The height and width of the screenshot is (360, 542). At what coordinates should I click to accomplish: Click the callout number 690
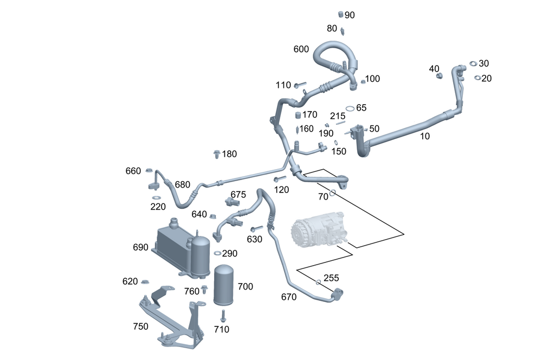[x=140, y=247]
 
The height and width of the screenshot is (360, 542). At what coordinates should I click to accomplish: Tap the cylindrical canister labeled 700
[x=225, y=286]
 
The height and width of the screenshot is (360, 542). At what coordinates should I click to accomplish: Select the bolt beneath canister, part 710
[x=222, y=315]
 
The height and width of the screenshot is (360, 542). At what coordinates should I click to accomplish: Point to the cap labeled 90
[x=341, y=14]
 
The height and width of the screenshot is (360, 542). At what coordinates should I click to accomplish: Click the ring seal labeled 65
[x=350, y=108]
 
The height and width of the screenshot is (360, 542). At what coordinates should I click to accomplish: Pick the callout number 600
[x=301, y=49]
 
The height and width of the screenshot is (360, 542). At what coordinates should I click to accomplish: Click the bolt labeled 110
[x=300, y=85]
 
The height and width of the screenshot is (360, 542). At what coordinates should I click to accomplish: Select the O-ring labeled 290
[x=217, y=253]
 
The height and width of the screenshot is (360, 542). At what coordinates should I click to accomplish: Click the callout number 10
[x=425, y=137]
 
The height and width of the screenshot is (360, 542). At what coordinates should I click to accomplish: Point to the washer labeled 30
[x=473, y=64]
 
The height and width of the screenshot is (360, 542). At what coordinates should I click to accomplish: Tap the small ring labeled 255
[x=318, y=282]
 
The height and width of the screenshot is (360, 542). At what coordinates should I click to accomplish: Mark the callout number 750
[x=140, y=326]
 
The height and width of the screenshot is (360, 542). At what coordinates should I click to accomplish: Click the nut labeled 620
[x=145, y=282]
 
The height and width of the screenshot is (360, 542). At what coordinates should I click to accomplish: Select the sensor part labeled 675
[x=232, y=202]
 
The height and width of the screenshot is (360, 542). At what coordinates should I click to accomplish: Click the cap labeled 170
[x=298, y=115]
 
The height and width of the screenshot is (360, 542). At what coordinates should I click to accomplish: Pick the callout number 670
[x=289, y=297]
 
